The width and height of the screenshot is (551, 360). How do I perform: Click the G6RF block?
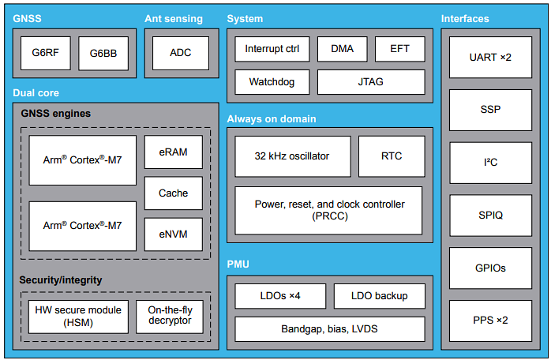(x=45, y=53)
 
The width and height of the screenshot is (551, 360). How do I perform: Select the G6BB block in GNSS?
(x=102, y=53)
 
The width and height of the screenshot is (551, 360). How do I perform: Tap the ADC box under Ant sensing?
(x=180, y=53)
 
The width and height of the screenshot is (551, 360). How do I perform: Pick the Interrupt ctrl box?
(x=272, y=49)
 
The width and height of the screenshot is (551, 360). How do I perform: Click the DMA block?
(x=342, y=49)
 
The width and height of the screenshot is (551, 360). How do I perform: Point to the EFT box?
(x=399, y=49)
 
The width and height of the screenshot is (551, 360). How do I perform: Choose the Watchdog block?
(x=272, y=82)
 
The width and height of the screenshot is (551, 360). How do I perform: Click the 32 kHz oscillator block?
(x=293, y=156)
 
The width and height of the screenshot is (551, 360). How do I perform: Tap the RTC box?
(x=391, y=156)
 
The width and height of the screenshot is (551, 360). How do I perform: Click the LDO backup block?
(x=380, y=296)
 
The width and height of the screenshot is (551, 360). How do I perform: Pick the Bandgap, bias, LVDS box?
(x=329, y=328)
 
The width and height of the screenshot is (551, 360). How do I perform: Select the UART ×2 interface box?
(x=490, y=58)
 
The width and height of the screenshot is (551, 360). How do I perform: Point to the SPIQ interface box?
(x=490, y=216)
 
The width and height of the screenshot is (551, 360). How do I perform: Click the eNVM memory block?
(x=173, y=234)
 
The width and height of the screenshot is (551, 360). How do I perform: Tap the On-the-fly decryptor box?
(x=170, y=317)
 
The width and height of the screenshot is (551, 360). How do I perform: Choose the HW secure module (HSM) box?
(x=77, y=317)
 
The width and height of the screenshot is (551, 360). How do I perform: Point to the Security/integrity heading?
(x=60, y=280)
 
